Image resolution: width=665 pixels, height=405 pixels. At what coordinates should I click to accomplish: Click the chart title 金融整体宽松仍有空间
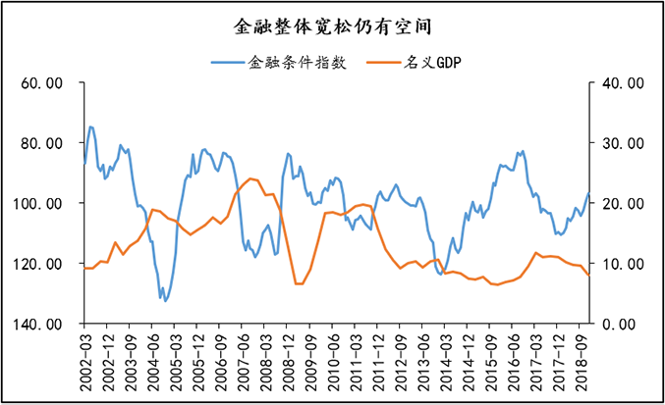[333, 22]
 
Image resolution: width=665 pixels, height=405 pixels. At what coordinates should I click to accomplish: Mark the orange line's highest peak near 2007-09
[252, 178]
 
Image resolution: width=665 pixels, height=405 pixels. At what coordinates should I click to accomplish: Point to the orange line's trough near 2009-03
[299, 284]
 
